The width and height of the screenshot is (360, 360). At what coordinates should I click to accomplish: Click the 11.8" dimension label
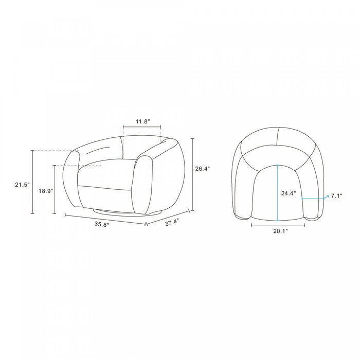coord(142,121)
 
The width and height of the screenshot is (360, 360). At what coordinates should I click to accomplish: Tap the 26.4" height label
coord(203,169)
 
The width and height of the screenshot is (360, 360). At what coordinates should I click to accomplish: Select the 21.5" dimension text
coord(23,184)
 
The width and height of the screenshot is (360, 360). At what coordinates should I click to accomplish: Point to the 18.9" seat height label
coord(46,191)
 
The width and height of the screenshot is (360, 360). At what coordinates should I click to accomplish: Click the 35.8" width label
coord(102,224)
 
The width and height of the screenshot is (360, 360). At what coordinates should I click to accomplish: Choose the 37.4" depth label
coord(172,222)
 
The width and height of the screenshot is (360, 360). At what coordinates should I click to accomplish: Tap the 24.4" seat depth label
coord(289,193)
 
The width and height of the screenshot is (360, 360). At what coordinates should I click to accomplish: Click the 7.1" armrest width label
coord(336,196)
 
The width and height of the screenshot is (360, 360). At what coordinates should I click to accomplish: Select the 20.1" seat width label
coord(280,231)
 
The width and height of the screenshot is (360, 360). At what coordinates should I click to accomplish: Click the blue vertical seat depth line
coord(278,193)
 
